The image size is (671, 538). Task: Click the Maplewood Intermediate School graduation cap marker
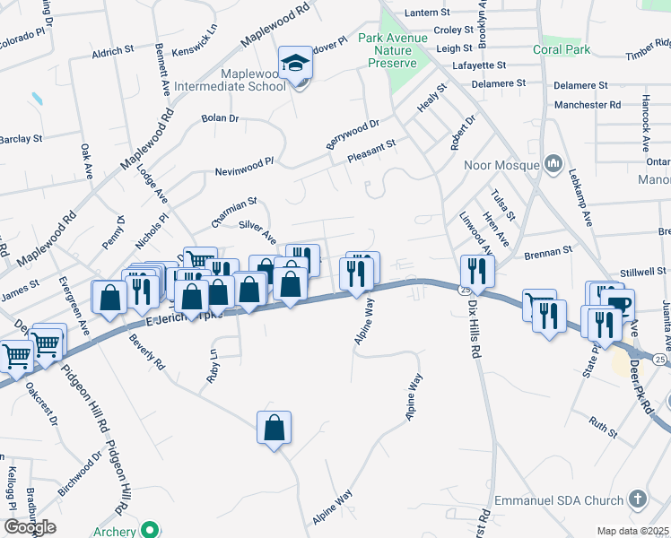click(x=295, y=65)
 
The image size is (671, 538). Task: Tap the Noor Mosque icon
click(x=553, y=164)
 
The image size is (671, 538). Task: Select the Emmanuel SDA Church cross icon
click(x=638, y=499)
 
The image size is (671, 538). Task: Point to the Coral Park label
click(x=562, y=49)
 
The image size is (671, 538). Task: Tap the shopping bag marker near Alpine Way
click(x=274, y=428)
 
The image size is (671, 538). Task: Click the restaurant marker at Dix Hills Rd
click(x=475, y=272)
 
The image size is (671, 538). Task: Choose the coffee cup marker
click(x=619, y=303)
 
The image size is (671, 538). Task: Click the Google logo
click(x=29, y=527)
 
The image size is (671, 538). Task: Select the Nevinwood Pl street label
click(x=243, y=167)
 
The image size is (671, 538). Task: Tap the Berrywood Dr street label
click(x=353, y=137)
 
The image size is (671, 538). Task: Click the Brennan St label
click(x=548, y=252)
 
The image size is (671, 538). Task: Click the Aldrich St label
click(x=112, y=53)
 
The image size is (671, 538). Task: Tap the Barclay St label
click(x=20, y=139)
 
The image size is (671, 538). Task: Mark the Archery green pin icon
click(x=152, y=531)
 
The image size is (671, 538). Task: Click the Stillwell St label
click(x=644, y=272)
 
